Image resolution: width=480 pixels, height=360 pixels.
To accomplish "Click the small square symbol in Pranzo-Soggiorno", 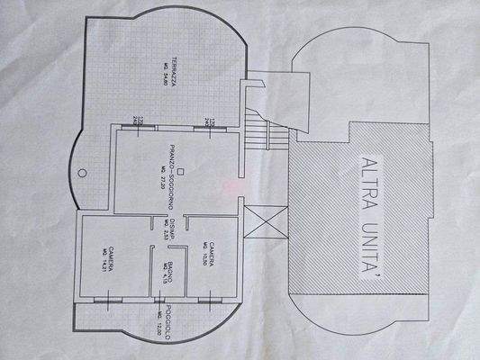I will (180, 170).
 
